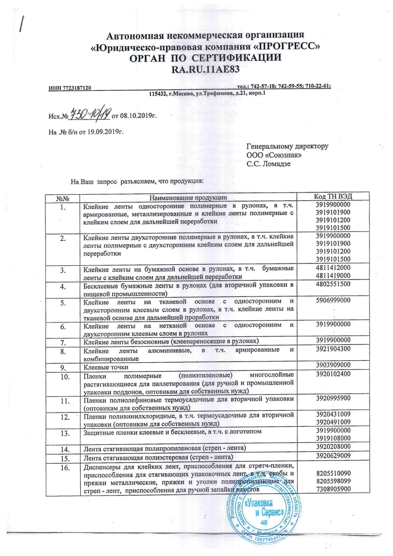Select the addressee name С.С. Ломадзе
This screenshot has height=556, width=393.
268,164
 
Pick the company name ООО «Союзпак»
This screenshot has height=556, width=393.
274,155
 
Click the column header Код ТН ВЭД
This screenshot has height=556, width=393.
333,196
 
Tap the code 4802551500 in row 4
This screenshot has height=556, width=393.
333,284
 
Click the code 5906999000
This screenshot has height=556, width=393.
333,300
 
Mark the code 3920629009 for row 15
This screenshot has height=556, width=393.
333,456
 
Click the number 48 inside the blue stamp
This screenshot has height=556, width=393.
263,522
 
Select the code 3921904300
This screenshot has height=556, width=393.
333,349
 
